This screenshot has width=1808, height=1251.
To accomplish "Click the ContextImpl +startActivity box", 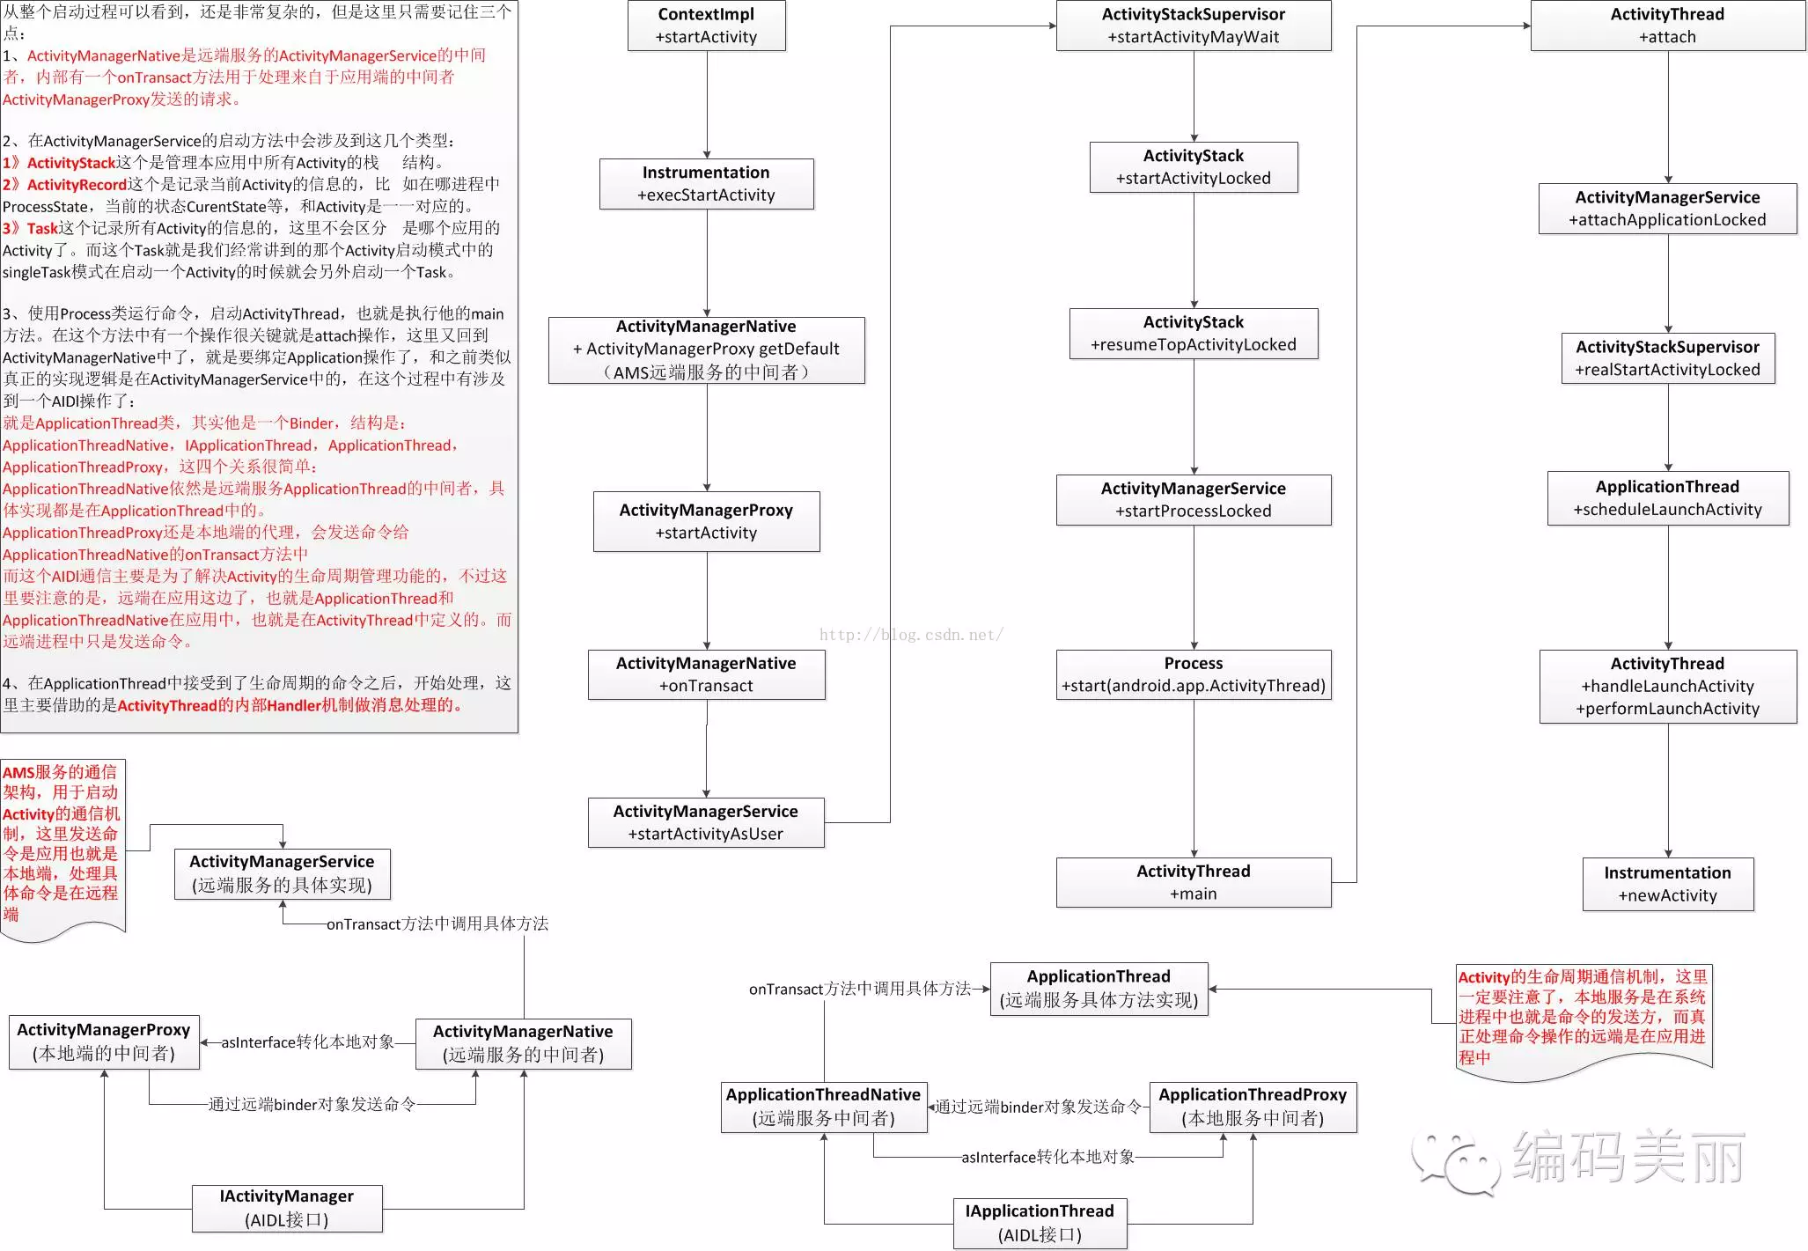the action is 706,26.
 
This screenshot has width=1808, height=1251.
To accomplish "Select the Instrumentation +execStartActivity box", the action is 706,183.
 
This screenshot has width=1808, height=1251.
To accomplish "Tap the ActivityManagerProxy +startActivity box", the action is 706,521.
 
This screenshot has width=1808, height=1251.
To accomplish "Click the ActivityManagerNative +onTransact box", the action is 706,674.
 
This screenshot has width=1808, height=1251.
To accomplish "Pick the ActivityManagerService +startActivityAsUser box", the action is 706,822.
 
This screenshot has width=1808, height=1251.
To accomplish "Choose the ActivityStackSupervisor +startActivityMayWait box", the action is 1194,26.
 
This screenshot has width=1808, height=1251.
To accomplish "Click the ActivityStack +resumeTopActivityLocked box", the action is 1194,333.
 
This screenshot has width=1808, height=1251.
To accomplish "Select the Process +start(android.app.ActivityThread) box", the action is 1194,674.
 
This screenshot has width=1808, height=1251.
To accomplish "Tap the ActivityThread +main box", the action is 1194,882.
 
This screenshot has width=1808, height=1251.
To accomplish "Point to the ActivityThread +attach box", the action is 1668,26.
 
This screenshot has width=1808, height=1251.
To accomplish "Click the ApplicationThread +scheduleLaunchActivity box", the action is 1668,498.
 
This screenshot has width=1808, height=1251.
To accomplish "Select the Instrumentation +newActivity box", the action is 1668,884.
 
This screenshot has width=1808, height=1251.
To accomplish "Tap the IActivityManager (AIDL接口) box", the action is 287,1208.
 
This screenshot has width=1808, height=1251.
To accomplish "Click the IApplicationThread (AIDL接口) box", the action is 1040,1223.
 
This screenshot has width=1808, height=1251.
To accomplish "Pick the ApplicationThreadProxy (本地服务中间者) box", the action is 1253,1107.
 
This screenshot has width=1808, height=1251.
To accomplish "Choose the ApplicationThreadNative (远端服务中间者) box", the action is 824,1107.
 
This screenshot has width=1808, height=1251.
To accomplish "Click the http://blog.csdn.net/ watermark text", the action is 911,635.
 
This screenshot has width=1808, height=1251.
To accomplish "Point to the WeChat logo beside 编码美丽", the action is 1456,1161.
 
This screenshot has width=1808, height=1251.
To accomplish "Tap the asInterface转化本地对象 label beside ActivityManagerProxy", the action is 308,1042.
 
